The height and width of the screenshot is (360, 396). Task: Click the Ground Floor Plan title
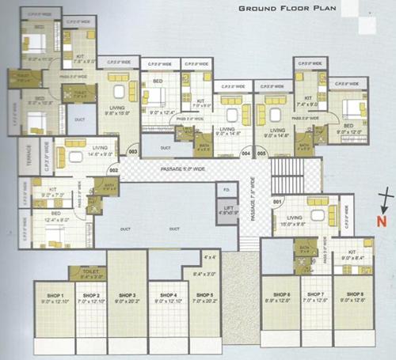point(290,9)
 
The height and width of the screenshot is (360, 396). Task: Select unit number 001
point(276,201)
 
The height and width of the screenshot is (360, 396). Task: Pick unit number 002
point(113,169)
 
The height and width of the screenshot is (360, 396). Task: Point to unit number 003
point(133,151)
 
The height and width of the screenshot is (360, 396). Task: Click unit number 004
point(246,152)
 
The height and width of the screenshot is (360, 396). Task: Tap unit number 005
point(261,152)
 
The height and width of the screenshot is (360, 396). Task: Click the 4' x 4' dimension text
point(209,257)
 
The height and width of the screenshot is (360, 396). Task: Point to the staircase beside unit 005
point(298,169)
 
